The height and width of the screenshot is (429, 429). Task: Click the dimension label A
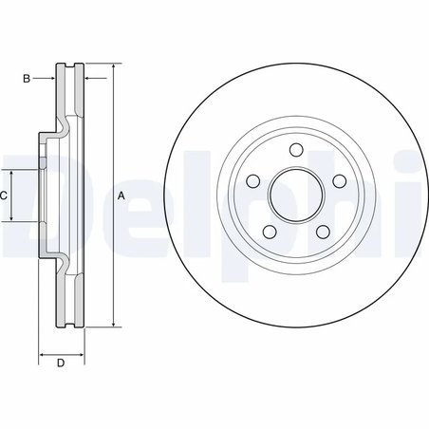121,195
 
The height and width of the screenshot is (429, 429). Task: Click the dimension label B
27,79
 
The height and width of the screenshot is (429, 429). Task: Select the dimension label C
4,195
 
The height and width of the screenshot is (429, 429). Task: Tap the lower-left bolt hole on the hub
269,231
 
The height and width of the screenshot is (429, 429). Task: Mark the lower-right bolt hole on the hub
321,231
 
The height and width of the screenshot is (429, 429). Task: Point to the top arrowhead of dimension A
113,68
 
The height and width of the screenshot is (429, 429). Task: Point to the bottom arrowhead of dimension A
113,323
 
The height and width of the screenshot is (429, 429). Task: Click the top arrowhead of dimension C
12,174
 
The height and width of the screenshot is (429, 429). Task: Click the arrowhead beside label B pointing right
53,79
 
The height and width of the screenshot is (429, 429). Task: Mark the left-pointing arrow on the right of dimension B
89,79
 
